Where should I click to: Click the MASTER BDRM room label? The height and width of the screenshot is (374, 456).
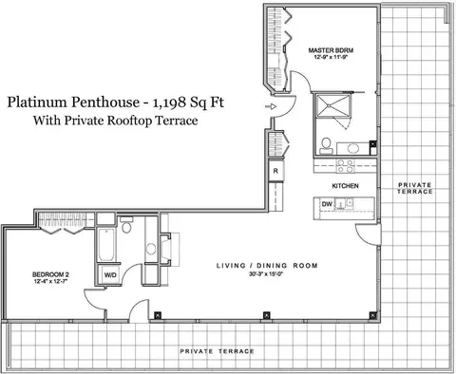click(x=331, y=50)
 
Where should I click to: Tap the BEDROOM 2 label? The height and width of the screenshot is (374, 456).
click(x=50, y=274)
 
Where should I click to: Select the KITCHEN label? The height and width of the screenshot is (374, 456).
click(x=345, y=186)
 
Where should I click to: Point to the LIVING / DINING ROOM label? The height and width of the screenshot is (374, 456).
click(x=267, y=266)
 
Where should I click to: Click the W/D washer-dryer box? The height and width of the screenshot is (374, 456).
click(x=110, y=275)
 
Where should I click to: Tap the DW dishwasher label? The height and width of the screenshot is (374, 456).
click(x=327, y=204)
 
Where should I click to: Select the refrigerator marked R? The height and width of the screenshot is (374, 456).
click(x=275, y=171)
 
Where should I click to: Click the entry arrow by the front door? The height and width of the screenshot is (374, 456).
click(x=271, y=106)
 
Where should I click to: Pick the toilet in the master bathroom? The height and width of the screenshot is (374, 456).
click(x=325, y=145)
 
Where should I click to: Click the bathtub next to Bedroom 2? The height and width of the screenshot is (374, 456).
click(x=106, y=245)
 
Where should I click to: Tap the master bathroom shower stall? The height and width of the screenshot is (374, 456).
click(x=332, y=105)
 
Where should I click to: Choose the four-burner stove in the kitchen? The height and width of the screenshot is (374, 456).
click(x=345, y=166)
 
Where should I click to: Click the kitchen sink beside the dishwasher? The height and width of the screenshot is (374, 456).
click(x=344, y=203)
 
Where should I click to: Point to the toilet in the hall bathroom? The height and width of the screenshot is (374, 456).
click(x=126, y=225)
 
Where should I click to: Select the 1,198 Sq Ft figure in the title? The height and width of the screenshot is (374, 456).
click(x=188, y=103)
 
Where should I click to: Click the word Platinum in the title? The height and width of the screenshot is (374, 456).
click(x=37, y=102)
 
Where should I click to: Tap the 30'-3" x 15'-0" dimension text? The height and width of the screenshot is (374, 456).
click(x=265, y=274)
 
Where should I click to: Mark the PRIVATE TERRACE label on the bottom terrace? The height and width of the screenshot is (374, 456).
click(x=217, y=351)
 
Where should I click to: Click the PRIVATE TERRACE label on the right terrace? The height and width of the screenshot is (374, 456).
click(x=415, y=188)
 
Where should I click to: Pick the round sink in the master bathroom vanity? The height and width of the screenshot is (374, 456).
click(x=352, y=148)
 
